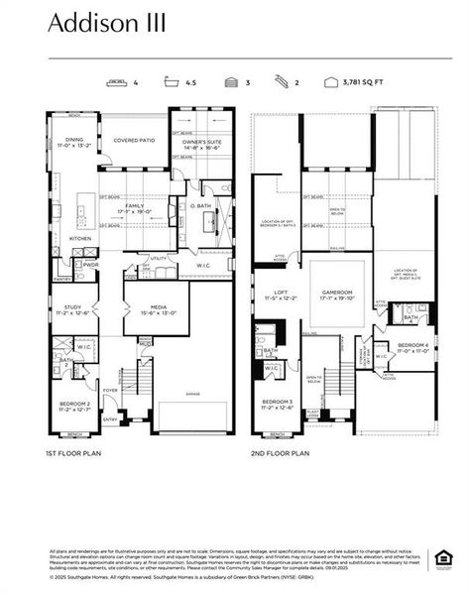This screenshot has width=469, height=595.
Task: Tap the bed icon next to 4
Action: (x=118, y=85)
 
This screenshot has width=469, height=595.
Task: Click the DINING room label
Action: (x=74, y=141)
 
